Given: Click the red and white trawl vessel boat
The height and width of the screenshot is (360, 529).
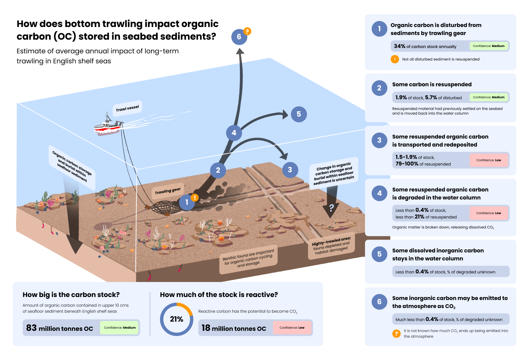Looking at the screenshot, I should [x=107, y=127].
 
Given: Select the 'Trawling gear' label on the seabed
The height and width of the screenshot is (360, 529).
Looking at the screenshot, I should [x=168, y=191].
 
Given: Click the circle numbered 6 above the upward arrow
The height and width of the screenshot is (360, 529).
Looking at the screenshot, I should [x=239, y=37].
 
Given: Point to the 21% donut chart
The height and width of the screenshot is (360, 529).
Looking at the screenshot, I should [x=176, y=319].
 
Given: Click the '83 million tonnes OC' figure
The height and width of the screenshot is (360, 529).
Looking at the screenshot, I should [x=60, y=328].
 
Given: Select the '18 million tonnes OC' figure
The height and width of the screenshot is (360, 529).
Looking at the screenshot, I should [x=234, y=328].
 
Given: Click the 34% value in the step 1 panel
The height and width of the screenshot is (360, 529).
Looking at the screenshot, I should [x=400, y=46].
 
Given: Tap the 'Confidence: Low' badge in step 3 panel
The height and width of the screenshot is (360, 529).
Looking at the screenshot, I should [x=488, y=160].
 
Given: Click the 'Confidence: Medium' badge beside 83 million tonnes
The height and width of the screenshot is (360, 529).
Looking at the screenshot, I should [x=120, y=328].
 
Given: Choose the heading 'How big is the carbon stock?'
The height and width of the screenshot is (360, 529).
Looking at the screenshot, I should [x=71, y=295].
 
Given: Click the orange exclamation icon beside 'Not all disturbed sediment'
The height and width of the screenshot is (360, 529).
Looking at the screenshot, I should [x=395, y=59].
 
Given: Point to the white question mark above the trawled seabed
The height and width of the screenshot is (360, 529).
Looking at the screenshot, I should [x=331, y=208].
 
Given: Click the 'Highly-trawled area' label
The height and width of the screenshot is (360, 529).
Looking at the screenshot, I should [x=331, y=246].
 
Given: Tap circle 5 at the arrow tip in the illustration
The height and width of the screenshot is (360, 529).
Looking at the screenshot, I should [x=299, y=114].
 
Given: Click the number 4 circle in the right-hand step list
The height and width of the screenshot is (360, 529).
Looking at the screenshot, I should [x=379, y=193].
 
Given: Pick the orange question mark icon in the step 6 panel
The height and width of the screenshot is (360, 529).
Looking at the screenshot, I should [x=396, y=334].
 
